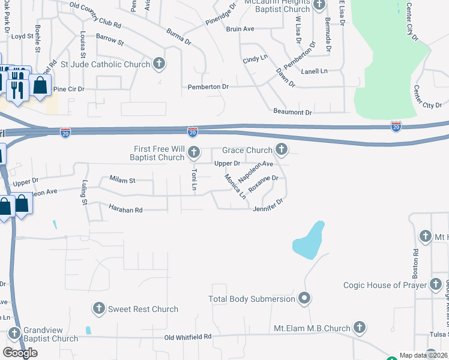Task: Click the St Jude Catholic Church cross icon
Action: click(159, 63)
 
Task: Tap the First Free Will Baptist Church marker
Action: click(193, 152)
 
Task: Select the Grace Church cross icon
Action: click(280, 149)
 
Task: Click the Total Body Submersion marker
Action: click(304, 298)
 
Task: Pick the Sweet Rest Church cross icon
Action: click(99, 308)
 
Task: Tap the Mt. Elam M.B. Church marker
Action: click(359, 328)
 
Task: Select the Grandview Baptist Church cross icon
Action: click(14, 332)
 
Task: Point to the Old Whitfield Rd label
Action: click(188, 337)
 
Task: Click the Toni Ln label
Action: click(194, 179)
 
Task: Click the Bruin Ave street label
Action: click(240, 28)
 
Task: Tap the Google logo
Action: click(20, 352)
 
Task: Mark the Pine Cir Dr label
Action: click(69, 89)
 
